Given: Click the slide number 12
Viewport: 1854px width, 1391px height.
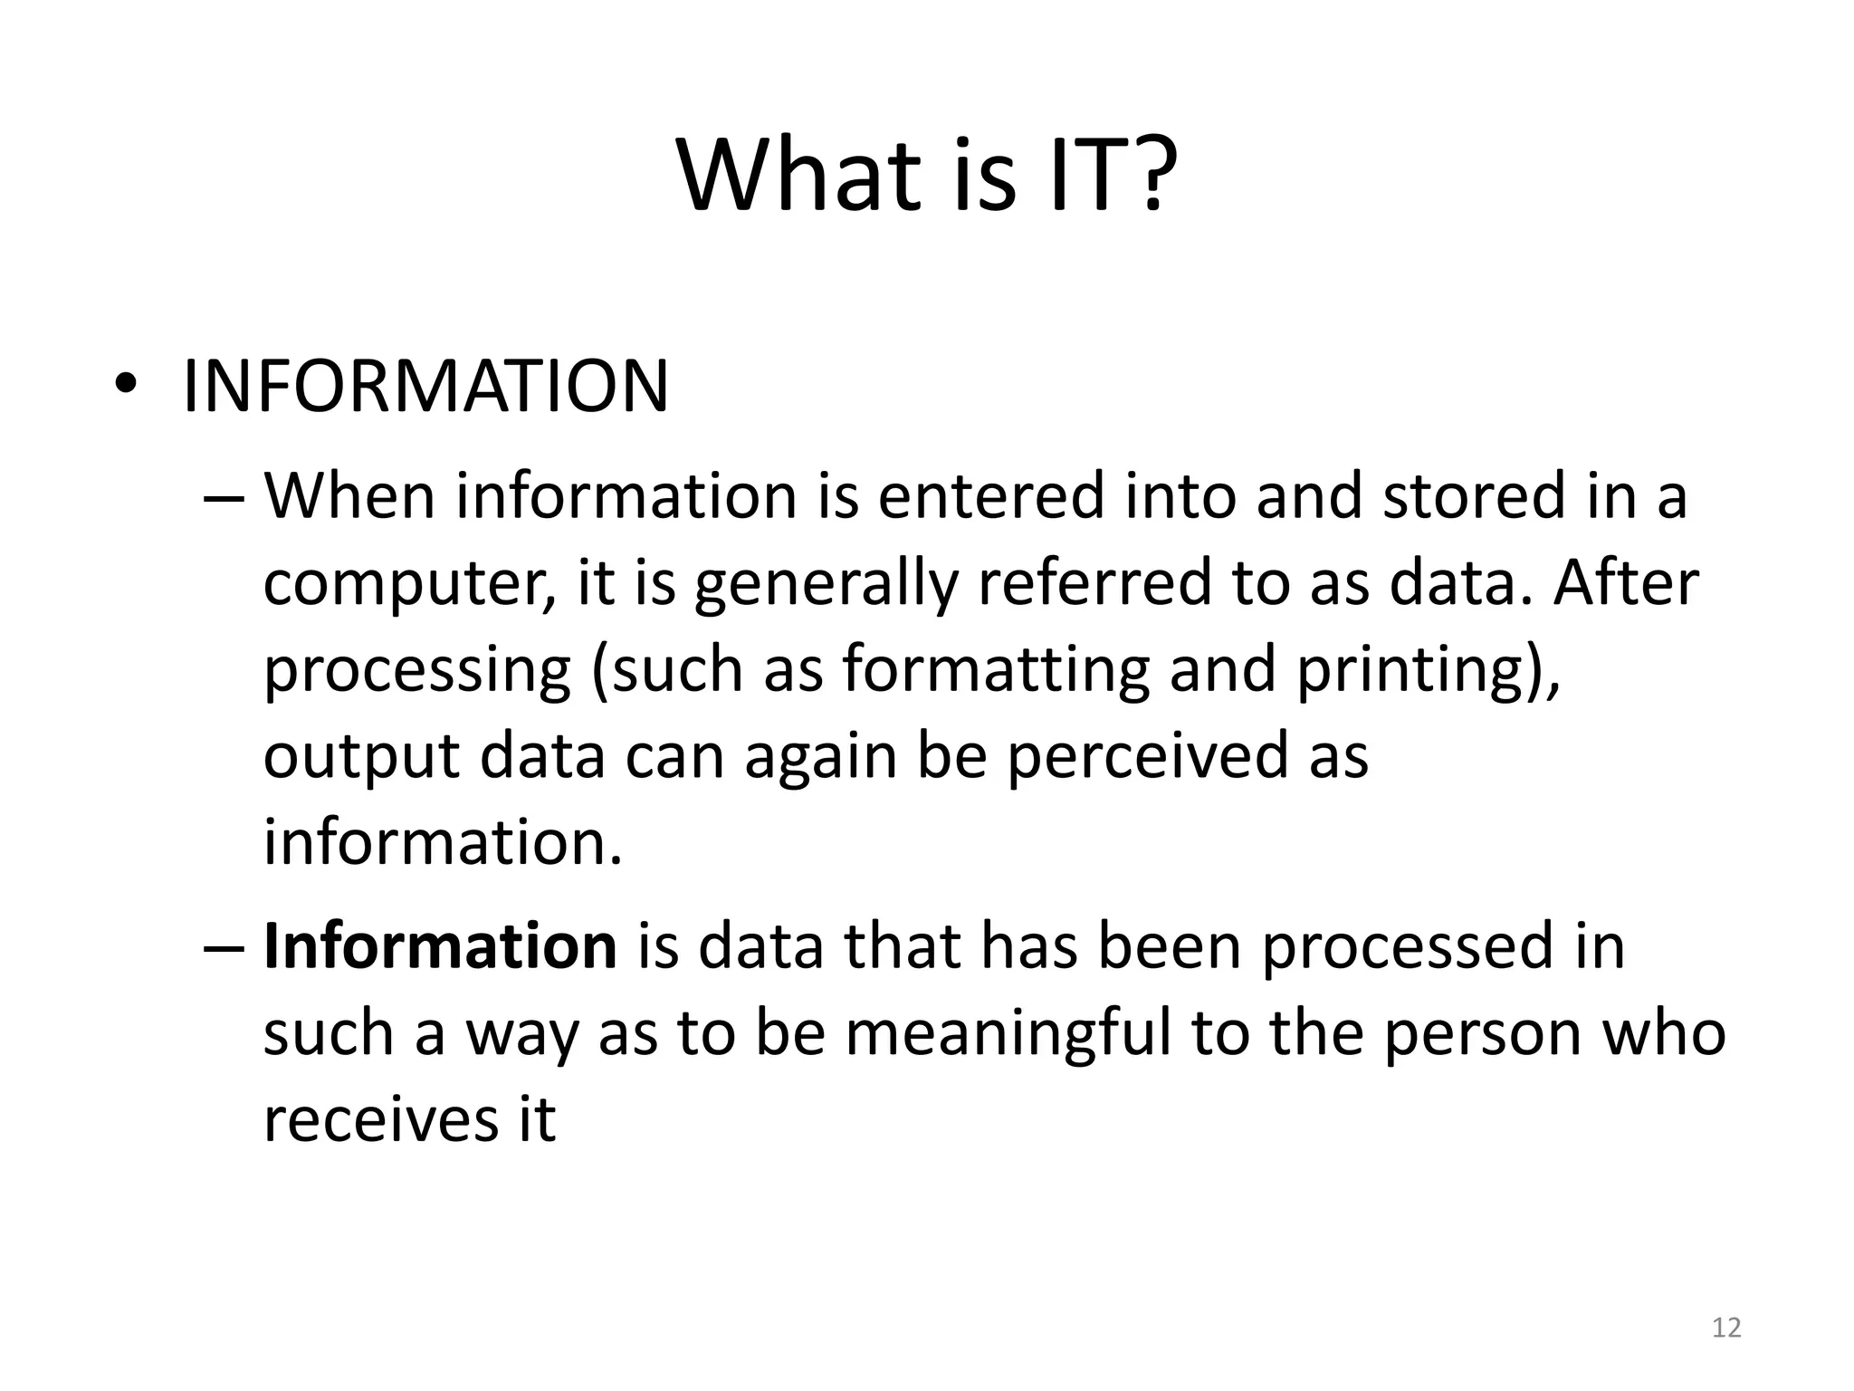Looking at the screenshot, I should point(1726,1328).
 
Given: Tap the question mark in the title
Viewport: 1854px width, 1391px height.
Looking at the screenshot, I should point(1152,174).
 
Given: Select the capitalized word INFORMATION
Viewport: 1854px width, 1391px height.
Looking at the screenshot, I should point(425,387).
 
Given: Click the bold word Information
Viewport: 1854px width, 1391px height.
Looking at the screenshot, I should point(440,946).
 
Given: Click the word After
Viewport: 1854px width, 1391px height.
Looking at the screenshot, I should point(1626,582).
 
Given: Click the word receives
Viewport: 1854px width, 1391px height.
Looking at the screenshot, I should point(379,1119).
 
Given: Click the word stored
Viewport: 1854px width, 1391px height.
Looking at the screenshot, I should point(1475,496).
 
